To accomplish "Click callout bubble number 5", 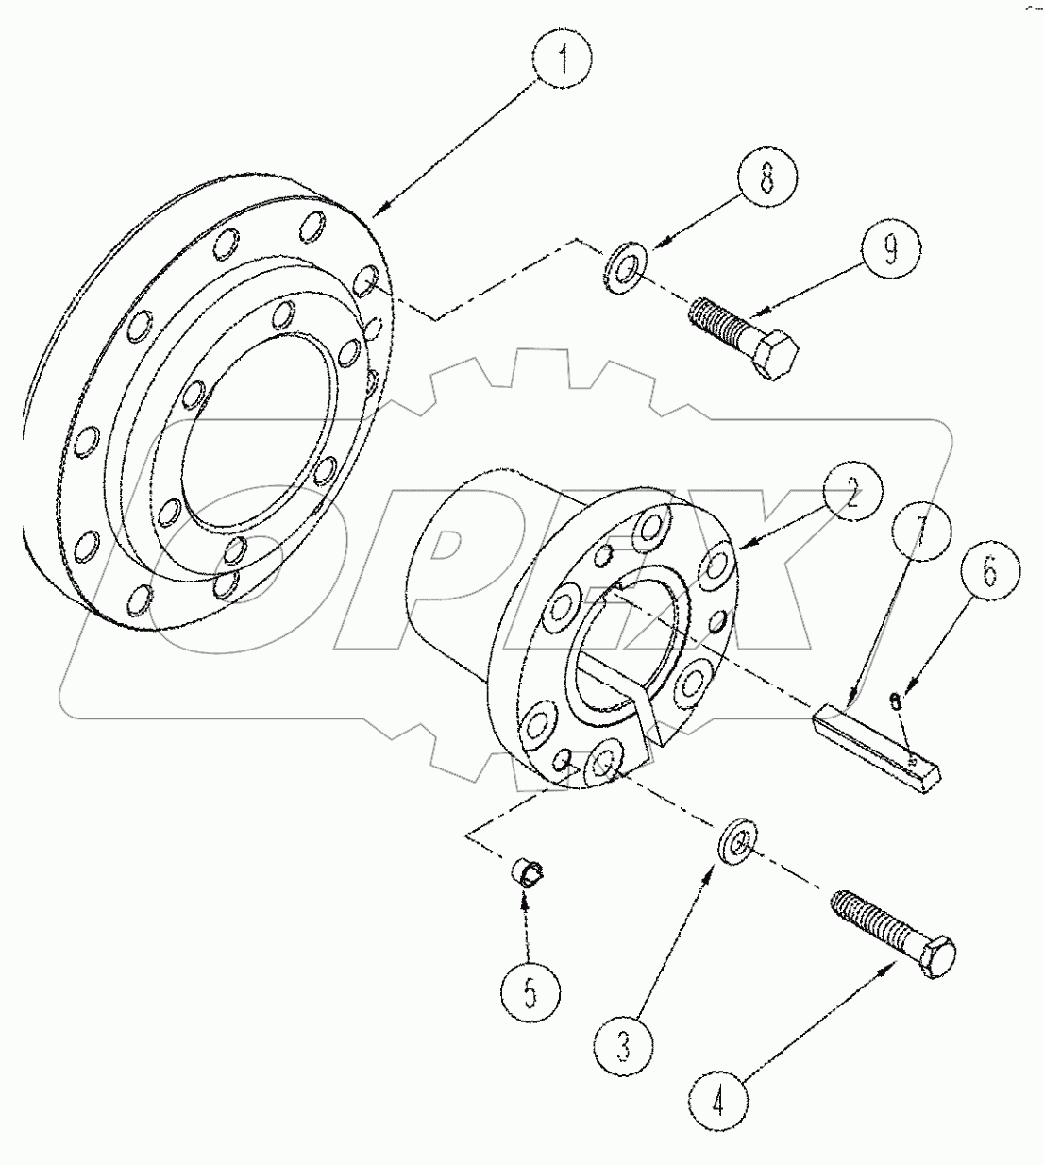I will pos(530,993).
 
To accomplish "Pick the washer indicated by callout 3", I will pos(734,842).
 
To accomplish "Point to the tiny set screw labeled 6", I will pos(896,699).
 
